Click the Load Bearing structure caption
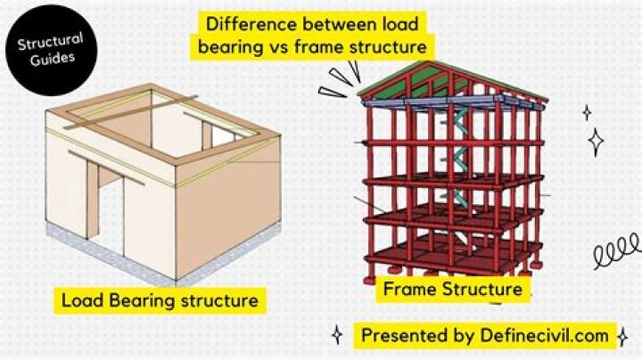pyautogui.click(x=160, y=300)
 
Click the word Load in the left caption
pyautogui.click(x=81, y=300)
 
